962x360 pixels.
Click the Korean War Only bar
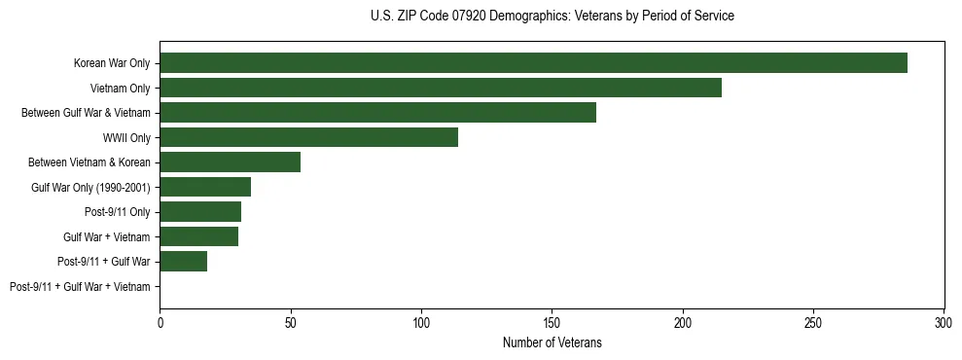coord(533,63)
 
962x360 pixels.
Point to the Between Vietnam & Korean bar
coord(230,162)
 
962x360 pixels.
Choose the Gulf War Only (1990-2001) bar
coord(205,187)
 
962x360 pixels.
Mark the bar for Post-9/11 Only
coord(200,211)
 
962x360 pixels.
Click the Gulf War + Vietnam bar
coord(198,236)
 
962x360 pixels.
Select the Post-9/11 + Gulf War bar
coord(183,261)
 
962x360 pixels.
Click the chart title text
coord(552,17)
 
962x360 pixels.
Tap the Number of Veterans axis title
coord(552,342)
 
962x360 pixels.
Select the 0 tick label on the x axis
coord(160,321)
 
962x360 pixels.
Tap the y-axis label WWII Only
coord(126,138)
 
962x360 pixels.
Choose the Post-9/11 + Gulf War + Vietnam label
coord(80,287)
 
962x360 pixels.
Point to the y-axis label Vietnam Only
coord(121,89)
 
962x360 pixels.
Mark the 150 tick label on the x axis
coord(552,321)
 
